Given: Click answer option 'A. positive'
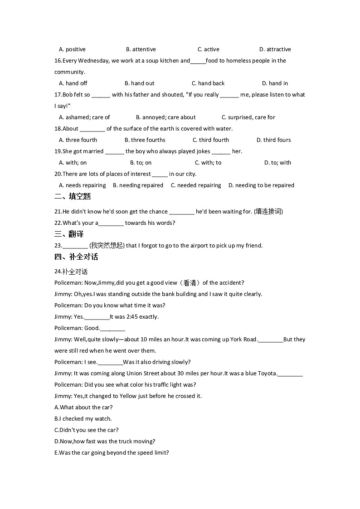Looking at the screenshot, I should (72, 49).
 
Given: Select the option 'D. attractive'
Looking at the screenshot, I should (275, 49).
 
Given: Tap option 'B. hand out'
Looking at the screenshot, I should (139, 83).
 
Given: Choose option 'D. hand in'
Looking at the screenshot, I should (275, 83).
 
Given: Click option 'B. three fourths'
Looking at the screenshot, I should (145, 140).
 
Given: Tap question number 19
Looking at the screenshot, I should (58, 151).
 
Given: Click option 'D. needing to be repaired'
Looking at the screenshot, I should (261, 185).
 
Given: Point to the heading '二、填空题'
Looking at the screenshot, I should (73, 196).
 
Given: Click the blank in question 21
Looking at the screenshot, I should (182, 212).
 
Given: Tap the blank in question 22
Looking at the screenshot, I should (111, 223).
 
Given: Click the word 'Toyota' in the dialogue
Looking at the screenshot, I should (267, 373).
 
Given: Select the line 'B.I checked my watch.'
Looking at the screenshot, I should (83, 419).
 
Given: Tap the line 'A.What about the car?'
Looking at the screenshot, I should (83, 407).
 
